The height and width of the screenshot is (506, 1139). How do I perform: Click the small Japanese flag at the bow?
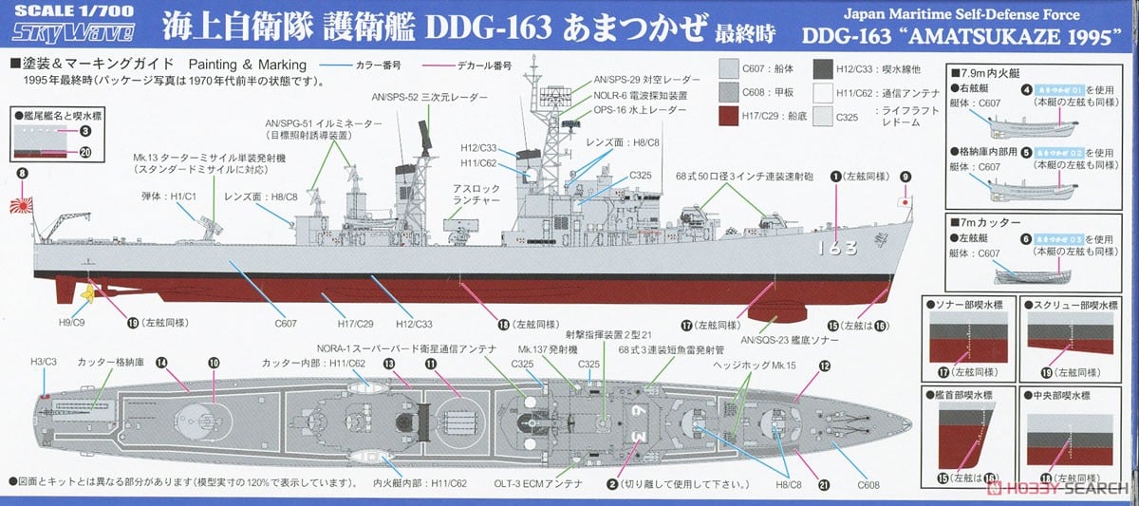pyautogui.click(x=906, y=201)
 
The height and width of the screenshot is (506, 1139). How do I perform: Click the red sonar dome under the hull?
pyautogui.click(x=776, y=311)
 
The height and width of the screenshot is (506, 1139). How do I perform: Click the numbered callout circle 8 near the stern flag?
pyautogui.click(x=22, y=174)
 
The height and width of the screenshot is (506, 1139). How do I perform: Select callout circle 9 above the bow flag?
pyautogui.click(x=905, y=177)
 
